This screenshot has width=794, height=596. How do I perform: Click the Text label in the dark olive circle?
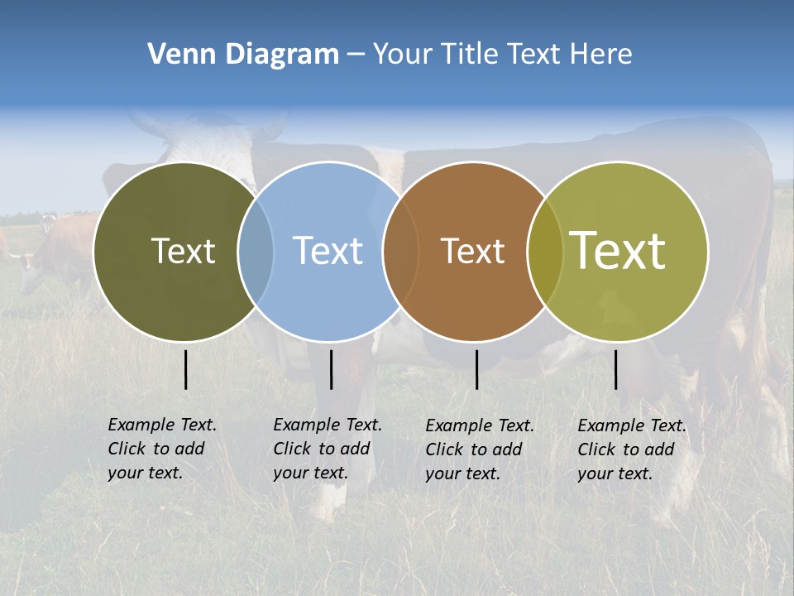point(183,251)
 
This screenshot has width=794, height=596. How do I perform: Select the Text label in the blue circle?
point(328,251)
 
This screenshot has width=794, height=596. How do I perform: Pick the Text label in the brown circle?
point(472,251)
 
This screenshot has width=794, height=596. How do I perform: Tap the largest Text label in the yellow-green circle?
point(618,251)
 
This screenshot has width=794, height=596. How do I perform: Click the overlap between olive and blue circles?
point(256,252)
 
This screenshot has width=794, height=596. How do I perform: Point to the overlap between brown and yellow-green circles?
point(544,252)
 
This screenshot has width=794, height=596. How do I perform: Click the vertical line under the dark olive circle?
point(186,369)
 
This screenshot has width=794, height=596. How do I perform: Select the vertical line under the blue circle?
point(331,369)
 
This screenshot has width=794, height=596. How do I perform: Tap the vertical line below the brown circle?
point(476,369)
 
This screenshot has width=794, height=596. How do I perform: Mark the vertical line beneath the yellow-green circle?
point(615,369)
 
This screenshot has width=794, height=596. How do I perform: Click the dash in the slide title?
point(356,55)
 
